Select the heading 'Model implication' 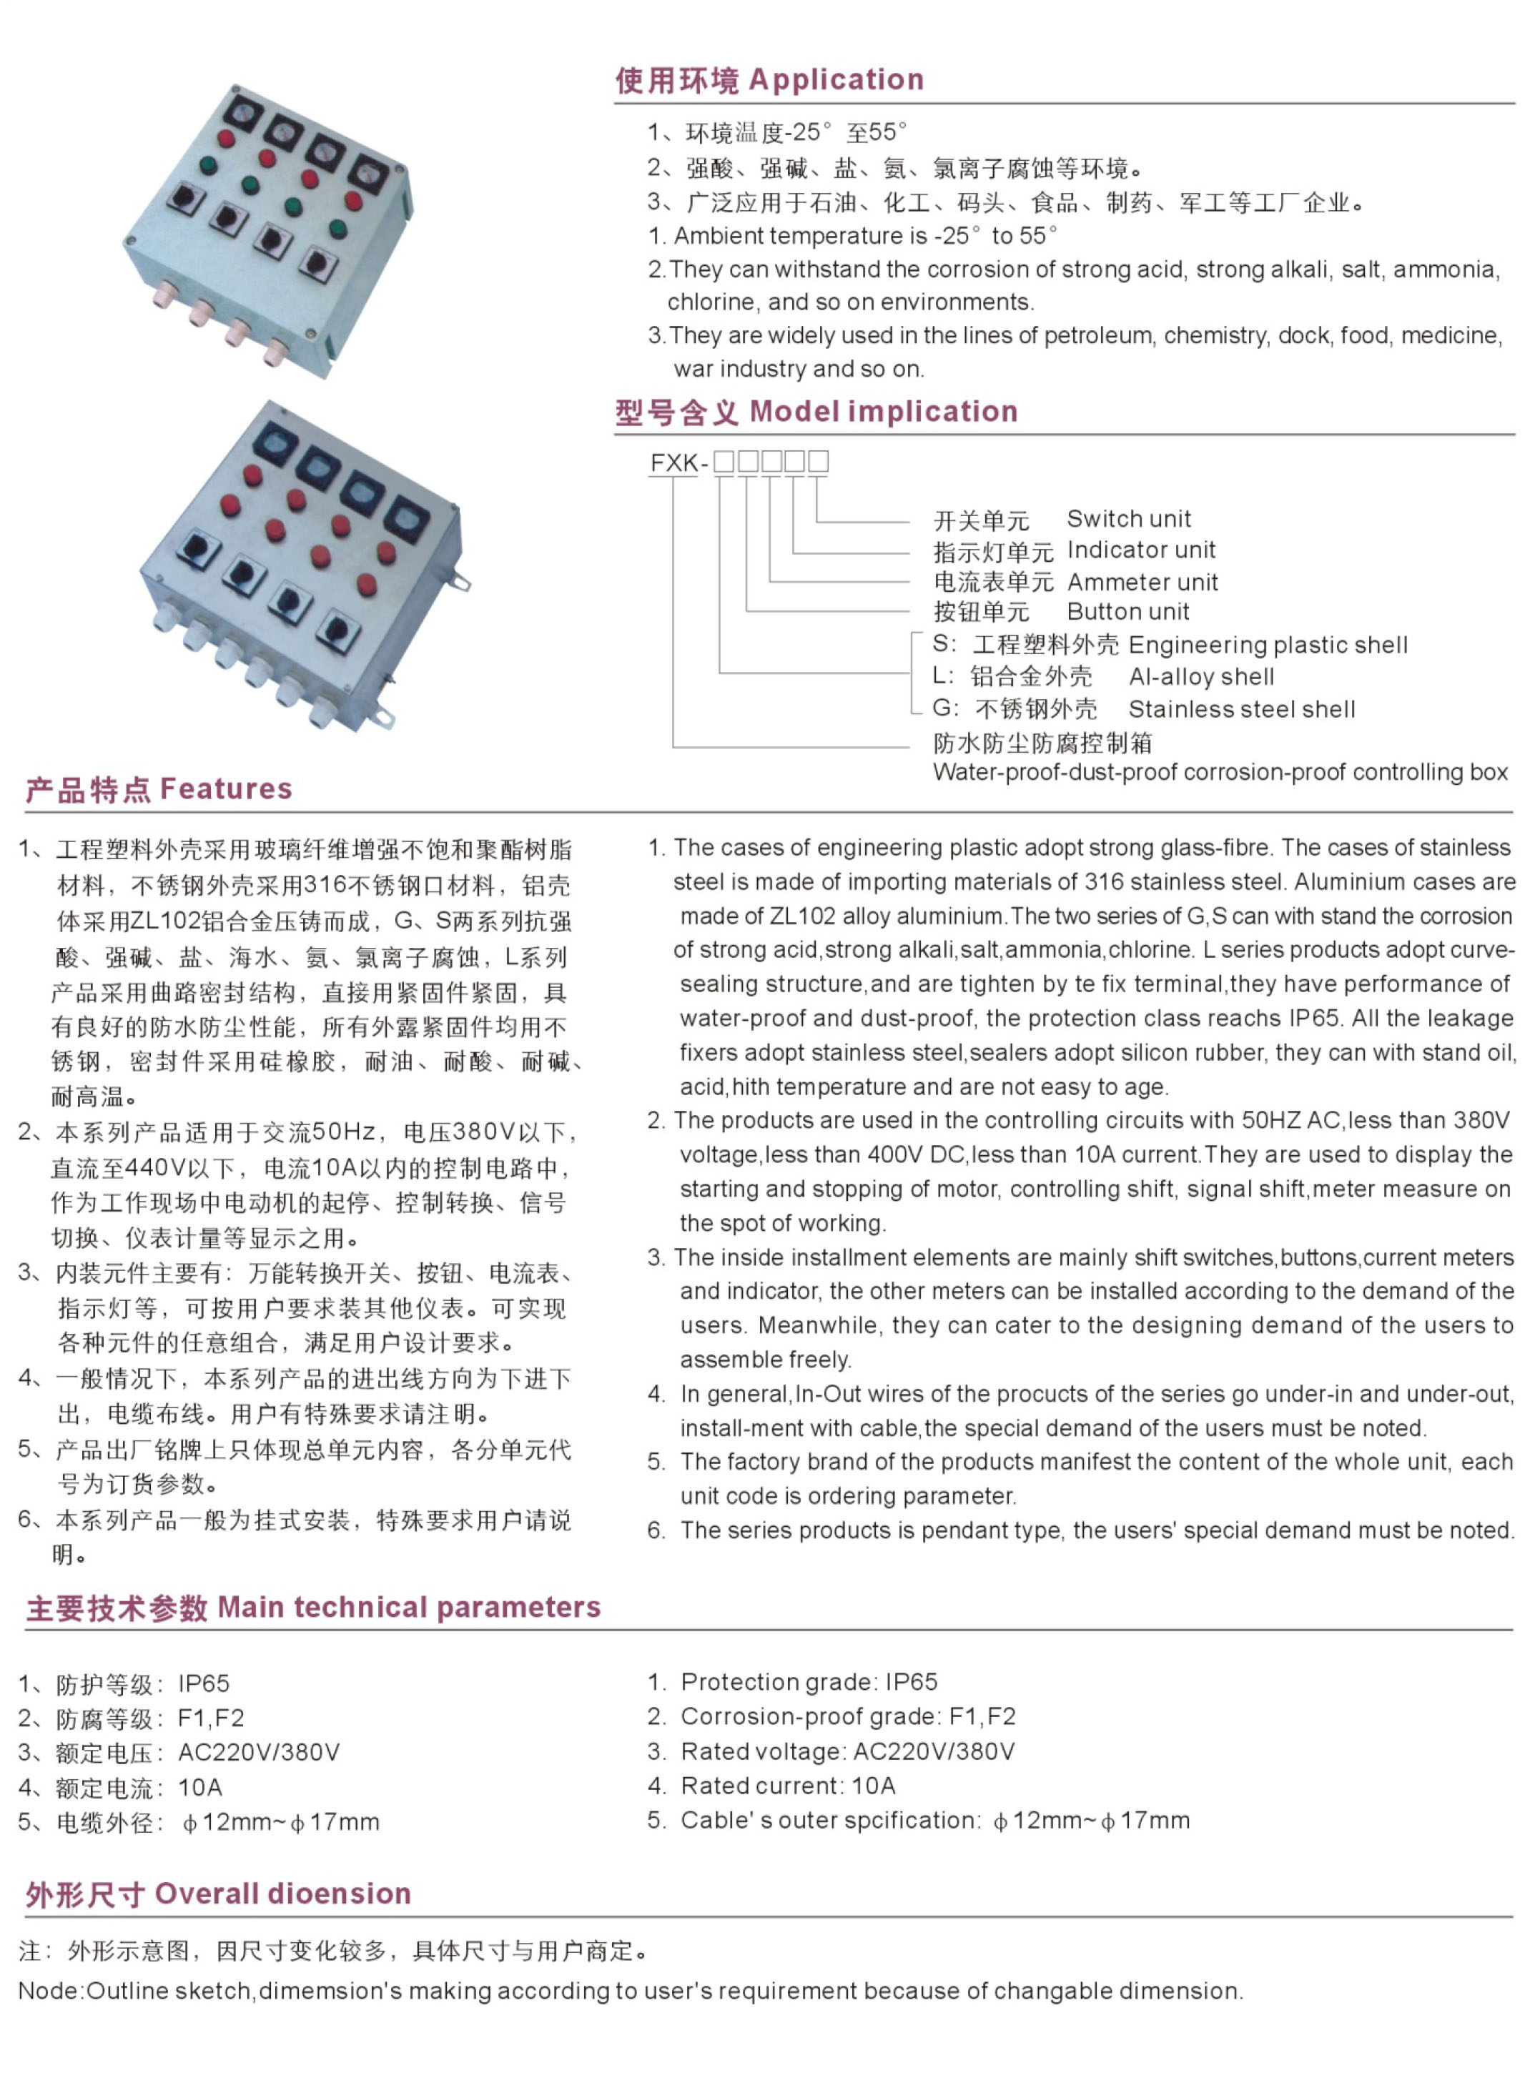pyautogui.click(x=883, y=411)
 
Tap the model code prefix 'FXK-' pyautogui.click(x=678, y=462)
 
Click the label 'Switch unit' pyautogui.click(x=1128, y=518)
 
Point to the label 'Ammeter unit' pyautogui.click(x=1142, y=581)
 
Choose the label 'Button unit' pyautogui.click(x=1127, y=611)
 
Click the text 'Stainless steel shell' pyautogui.click(x=1241, y=709)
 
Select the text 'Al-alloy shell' pyautogui.click(x=1201, y=677)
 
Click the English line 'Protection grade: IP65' pyautogui.click(x=809, y=1681)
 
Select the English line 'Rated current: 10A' pyautogui.click(x=787, y=1785)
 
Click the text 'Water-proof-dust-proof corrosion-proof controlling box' pyautogui.click(x=1220, y=771)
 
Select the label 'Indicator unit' pyautogui.click(x=1140, y=549)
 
